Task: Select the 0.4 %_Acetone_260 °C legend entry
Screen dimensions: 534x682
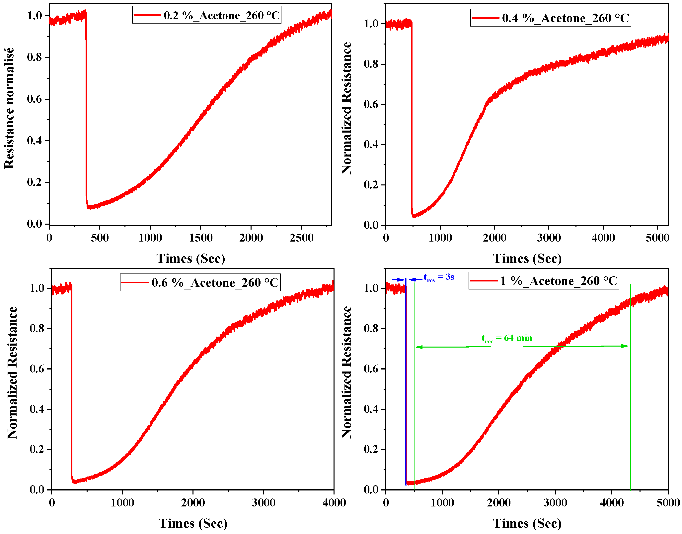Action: point(566,18)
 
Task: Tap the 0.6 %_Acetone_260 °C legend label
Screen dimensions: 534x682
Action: point(215,283)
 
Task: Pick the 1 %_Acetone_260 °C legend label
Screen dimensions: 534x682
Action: point(559,281)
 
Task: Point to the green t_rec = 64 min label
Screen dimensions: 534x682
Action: point(506,338)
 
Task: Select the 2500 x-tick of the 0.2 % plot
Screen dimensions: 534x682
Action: point(301,238)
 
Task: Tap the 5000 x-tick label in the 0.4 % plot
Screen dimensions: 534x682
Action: point(657,238)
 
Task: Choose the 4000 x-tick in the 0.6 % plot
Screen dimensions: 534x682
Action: point(334,503)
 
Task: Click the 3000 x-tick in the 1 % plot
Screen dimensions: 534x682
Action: point(555,503)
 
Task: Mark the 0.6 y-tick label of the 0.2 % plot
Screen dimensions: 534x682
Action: point(34,99)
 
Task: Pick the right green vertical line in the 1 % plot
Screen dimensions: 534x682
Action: point(631,406)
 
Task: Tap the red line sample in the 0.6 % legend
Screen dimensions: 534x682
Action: point(135,283)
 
